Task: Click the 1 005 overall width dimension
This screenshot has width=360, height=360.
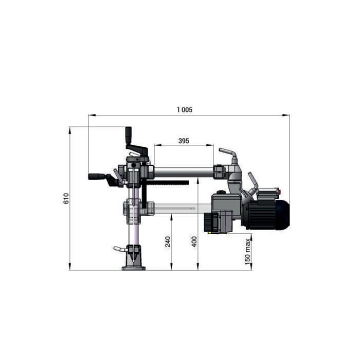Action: pos(184,109)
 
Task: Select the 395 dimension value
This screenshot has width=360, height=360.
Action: pos(183,140)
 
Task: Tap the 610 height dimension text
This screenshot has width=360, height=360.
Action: pos(66,198)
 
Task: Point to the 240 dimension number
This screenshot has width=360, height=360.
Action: pos(168,241)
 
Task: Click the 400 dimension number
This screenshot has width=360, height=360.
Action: pos(194,241)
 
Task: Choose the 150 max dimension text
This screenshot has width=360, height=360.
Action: pos(247,251)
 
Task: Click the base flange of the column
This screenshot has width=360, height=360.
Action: pos(133,268)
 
